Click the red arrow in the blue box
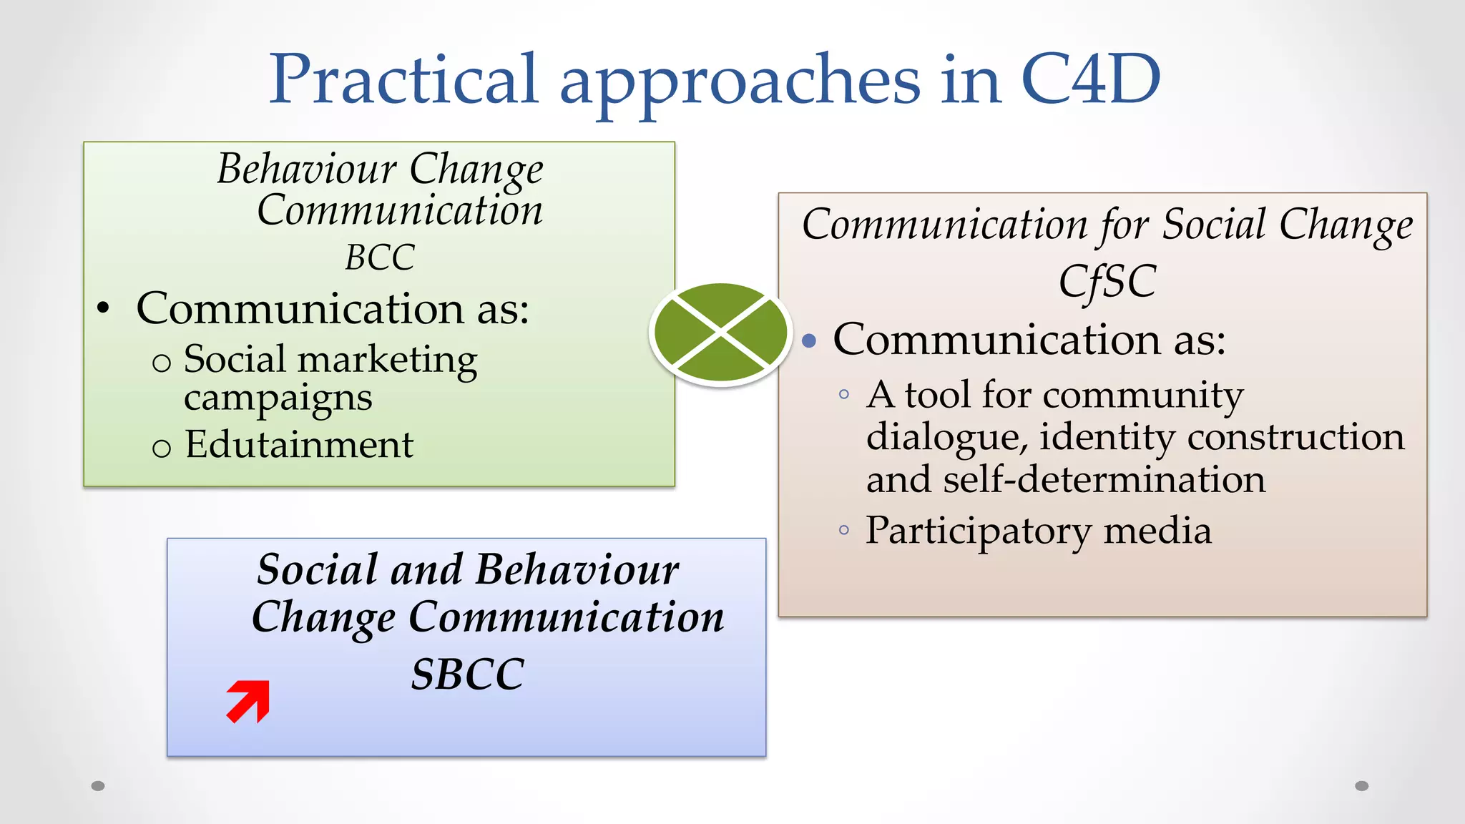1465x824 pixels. point(249,701)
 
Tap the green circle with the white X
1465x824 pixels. point(720,333)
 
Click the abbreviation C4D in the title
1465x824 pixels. point(1090,79)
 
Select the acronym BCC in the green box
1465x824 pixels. point(380,257)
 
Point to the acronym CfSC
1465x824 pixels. point(1107,282)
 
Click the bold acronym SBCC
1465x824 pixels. point(468,675)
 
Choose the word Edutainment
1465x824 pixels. point(299,445)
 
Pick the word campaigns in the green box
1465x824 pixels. point(278,398)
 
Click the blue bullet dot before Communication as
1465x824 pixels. point(809,340)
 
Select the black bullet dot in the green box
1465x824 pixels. point(104,309)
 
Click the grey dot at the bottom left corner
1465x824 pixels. point(98,786)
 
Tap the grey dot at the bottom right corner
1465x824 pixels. point(1362,786)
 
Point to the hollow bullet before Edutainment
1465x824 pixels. point(162,448)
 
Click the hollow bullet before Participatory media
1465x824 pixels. point(844,530)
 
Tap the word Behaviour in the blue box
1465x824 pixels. point(577,570)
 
